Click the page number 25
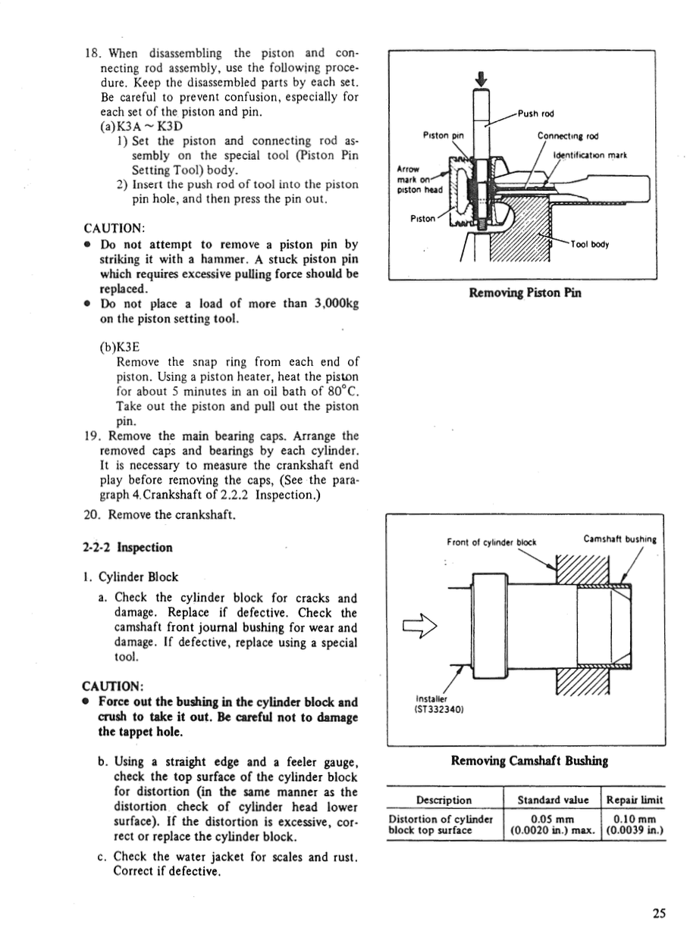point(659,914)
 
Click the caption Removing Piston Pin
point(525,293)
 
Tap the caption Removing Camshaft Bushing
point(529,761)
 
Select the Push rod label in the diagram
point(536,114)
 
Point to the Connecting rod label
point(568,136)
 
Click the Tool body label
point(590,244)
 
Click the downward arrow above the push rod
point(479,78)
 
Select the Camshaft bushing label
point(619,539)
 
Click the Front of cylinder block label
point(491,542)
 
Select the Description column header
point(444,800)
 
